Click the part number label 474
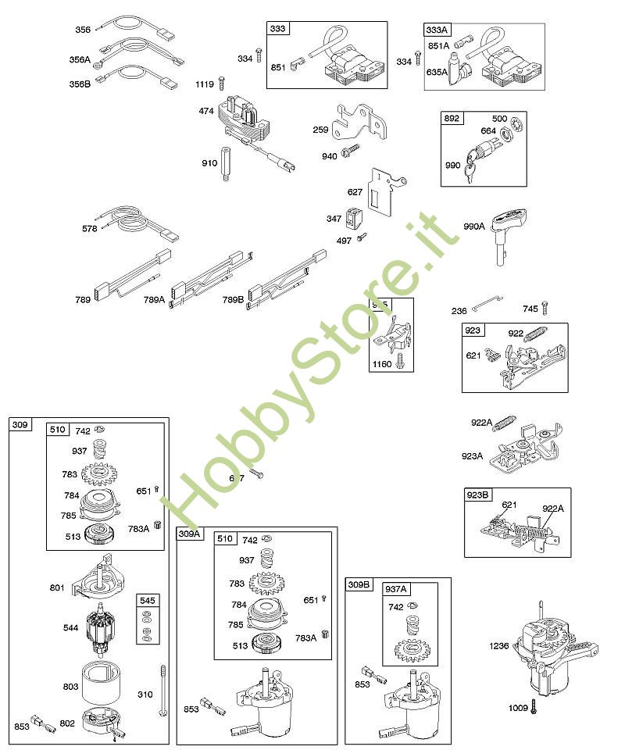click(x=206, y=111)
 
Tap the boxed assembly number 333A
click(x=437, y=30)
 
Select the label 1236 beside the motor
click(x=499, y=645)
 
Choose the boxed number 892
click(x=452, y=119)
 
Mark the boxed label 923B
click(x=479, y=495)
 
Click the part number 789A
click(x=154, y=300)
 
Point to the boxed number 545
click(x=147, y=600)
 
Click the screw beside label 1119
click(x=223, y=83)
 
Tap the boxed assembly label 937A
click(x=396, y=589)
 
